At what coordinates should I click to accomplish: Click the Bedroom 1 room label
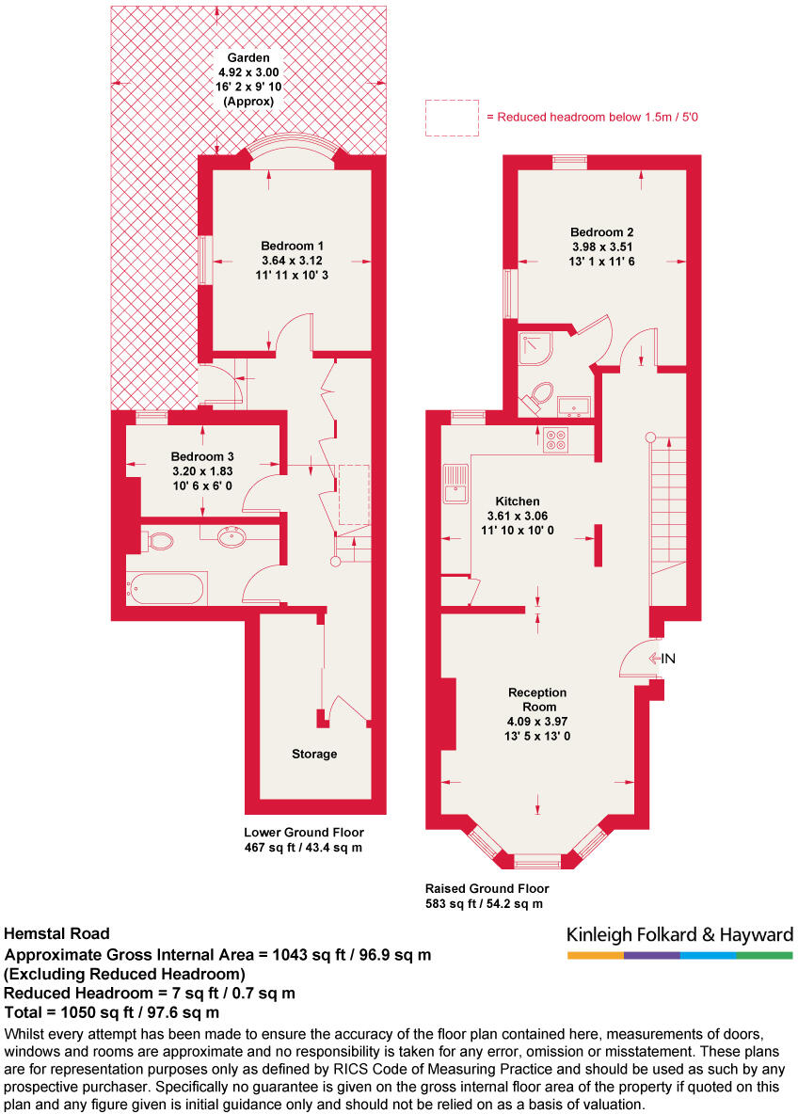288,246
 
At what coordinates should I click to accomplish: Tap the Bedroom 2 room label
601,232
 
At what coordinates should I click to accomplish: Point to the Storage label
313,754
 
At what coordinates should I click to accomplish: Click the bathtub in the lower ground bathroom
168,589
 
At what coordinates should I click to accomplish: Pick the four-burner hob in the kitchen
555,438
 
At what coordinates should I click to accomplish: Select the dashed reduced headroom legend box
452,118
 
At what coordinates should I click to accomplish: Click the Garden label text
247,56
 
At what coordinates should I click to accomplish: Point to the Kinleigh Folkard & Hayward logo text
679,934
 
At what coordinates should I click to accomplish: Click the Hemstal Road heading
57,934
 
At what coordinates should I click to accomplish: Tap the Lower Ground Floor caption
303,833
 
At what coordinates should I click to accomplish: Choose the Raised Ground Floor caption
487,888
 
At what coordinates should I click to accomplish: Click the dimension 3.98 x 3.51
601,247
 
